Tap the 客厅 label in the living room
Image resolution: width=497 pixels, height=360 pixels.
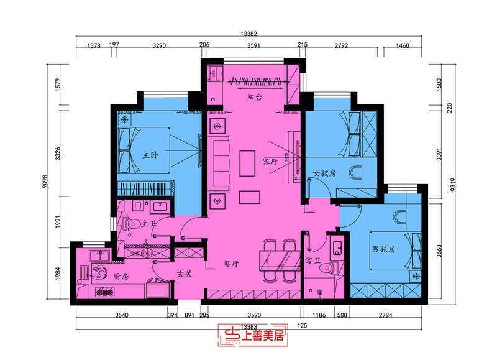[270, 162]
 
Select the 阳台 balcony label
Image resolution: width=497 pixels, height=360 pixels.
[253, 98]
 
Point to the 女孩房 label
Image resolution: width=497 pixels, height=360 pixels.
[324, 173]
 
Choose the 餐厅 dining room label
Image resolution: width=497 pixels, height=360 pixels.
[231, 264]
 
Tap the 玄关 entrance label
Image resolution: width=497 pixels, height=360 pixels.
[184, 274]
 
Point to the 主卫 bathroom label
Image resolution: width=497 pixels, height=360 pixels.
[149, 223]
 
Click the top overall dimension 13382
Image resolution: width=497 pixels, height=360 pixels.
[248, 35]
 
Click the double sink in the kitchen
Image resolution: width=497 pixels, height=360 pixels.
[99, 254]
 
